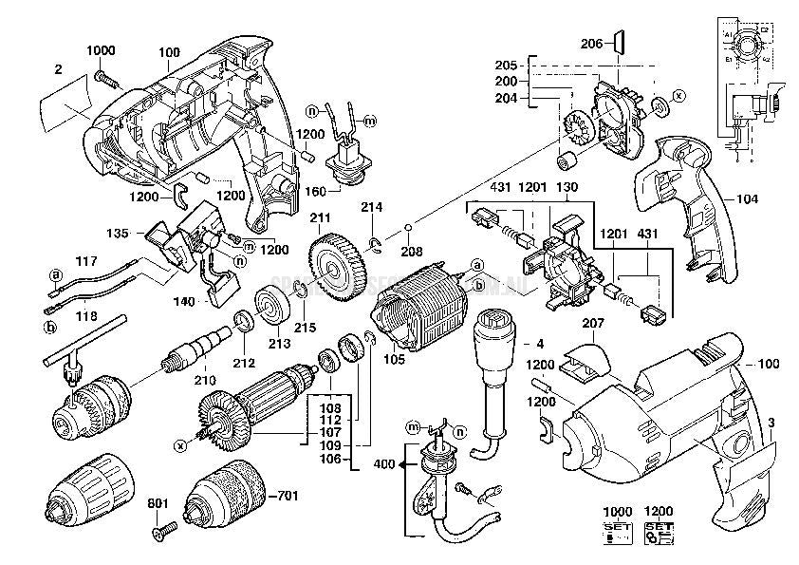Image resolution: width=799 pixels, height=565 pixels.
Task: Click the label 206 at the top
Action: pyautogui.click(x=590, y=43)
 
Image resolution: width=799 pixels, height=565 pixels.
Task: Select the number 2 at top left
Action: pyautogui.click(x=58, y=69)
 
